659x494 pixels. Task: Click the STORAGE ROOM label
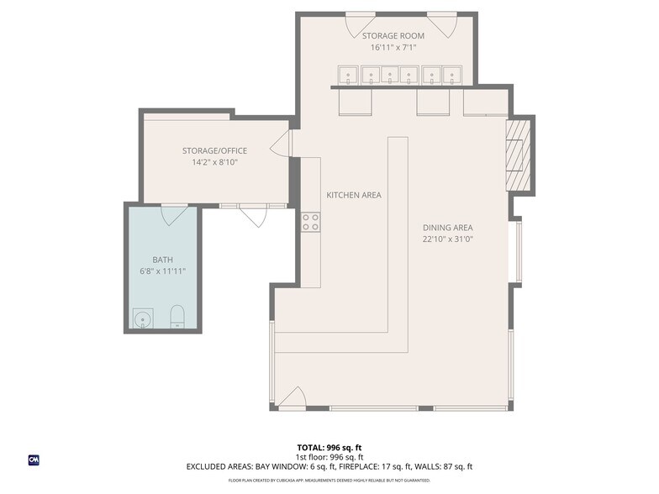tap(393, 36)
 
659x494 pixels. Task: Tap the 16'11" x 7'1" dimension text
tap(393, 48)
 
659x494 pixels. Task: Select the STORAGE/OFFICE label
tap(214, 150)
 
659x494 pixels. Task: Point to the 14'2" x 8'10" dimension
tap(214, 162)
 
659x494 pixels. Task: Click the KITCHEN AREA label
tap(353, 195)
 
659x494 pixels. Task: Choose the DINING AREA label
tap(447, 227)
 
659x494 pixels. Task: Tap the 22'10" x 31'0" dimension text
tap(447, 239)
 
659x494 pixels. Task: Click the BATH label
tap(161, 260)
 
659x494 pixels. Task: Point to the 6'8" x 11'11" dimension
tap(161, 271)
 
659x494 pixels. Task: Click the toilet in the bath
tap(177, 317)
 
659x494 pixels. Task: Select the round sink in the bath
tap(140, 318)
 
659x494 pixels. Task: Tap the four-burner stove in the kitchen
tap(310, 222)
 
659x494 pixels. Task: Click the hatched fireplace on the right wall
tap(518, 156)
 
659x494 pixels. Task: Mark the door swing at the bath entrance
tap(174, 215)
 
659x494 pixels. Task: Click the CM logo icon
tap(34, 460)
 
